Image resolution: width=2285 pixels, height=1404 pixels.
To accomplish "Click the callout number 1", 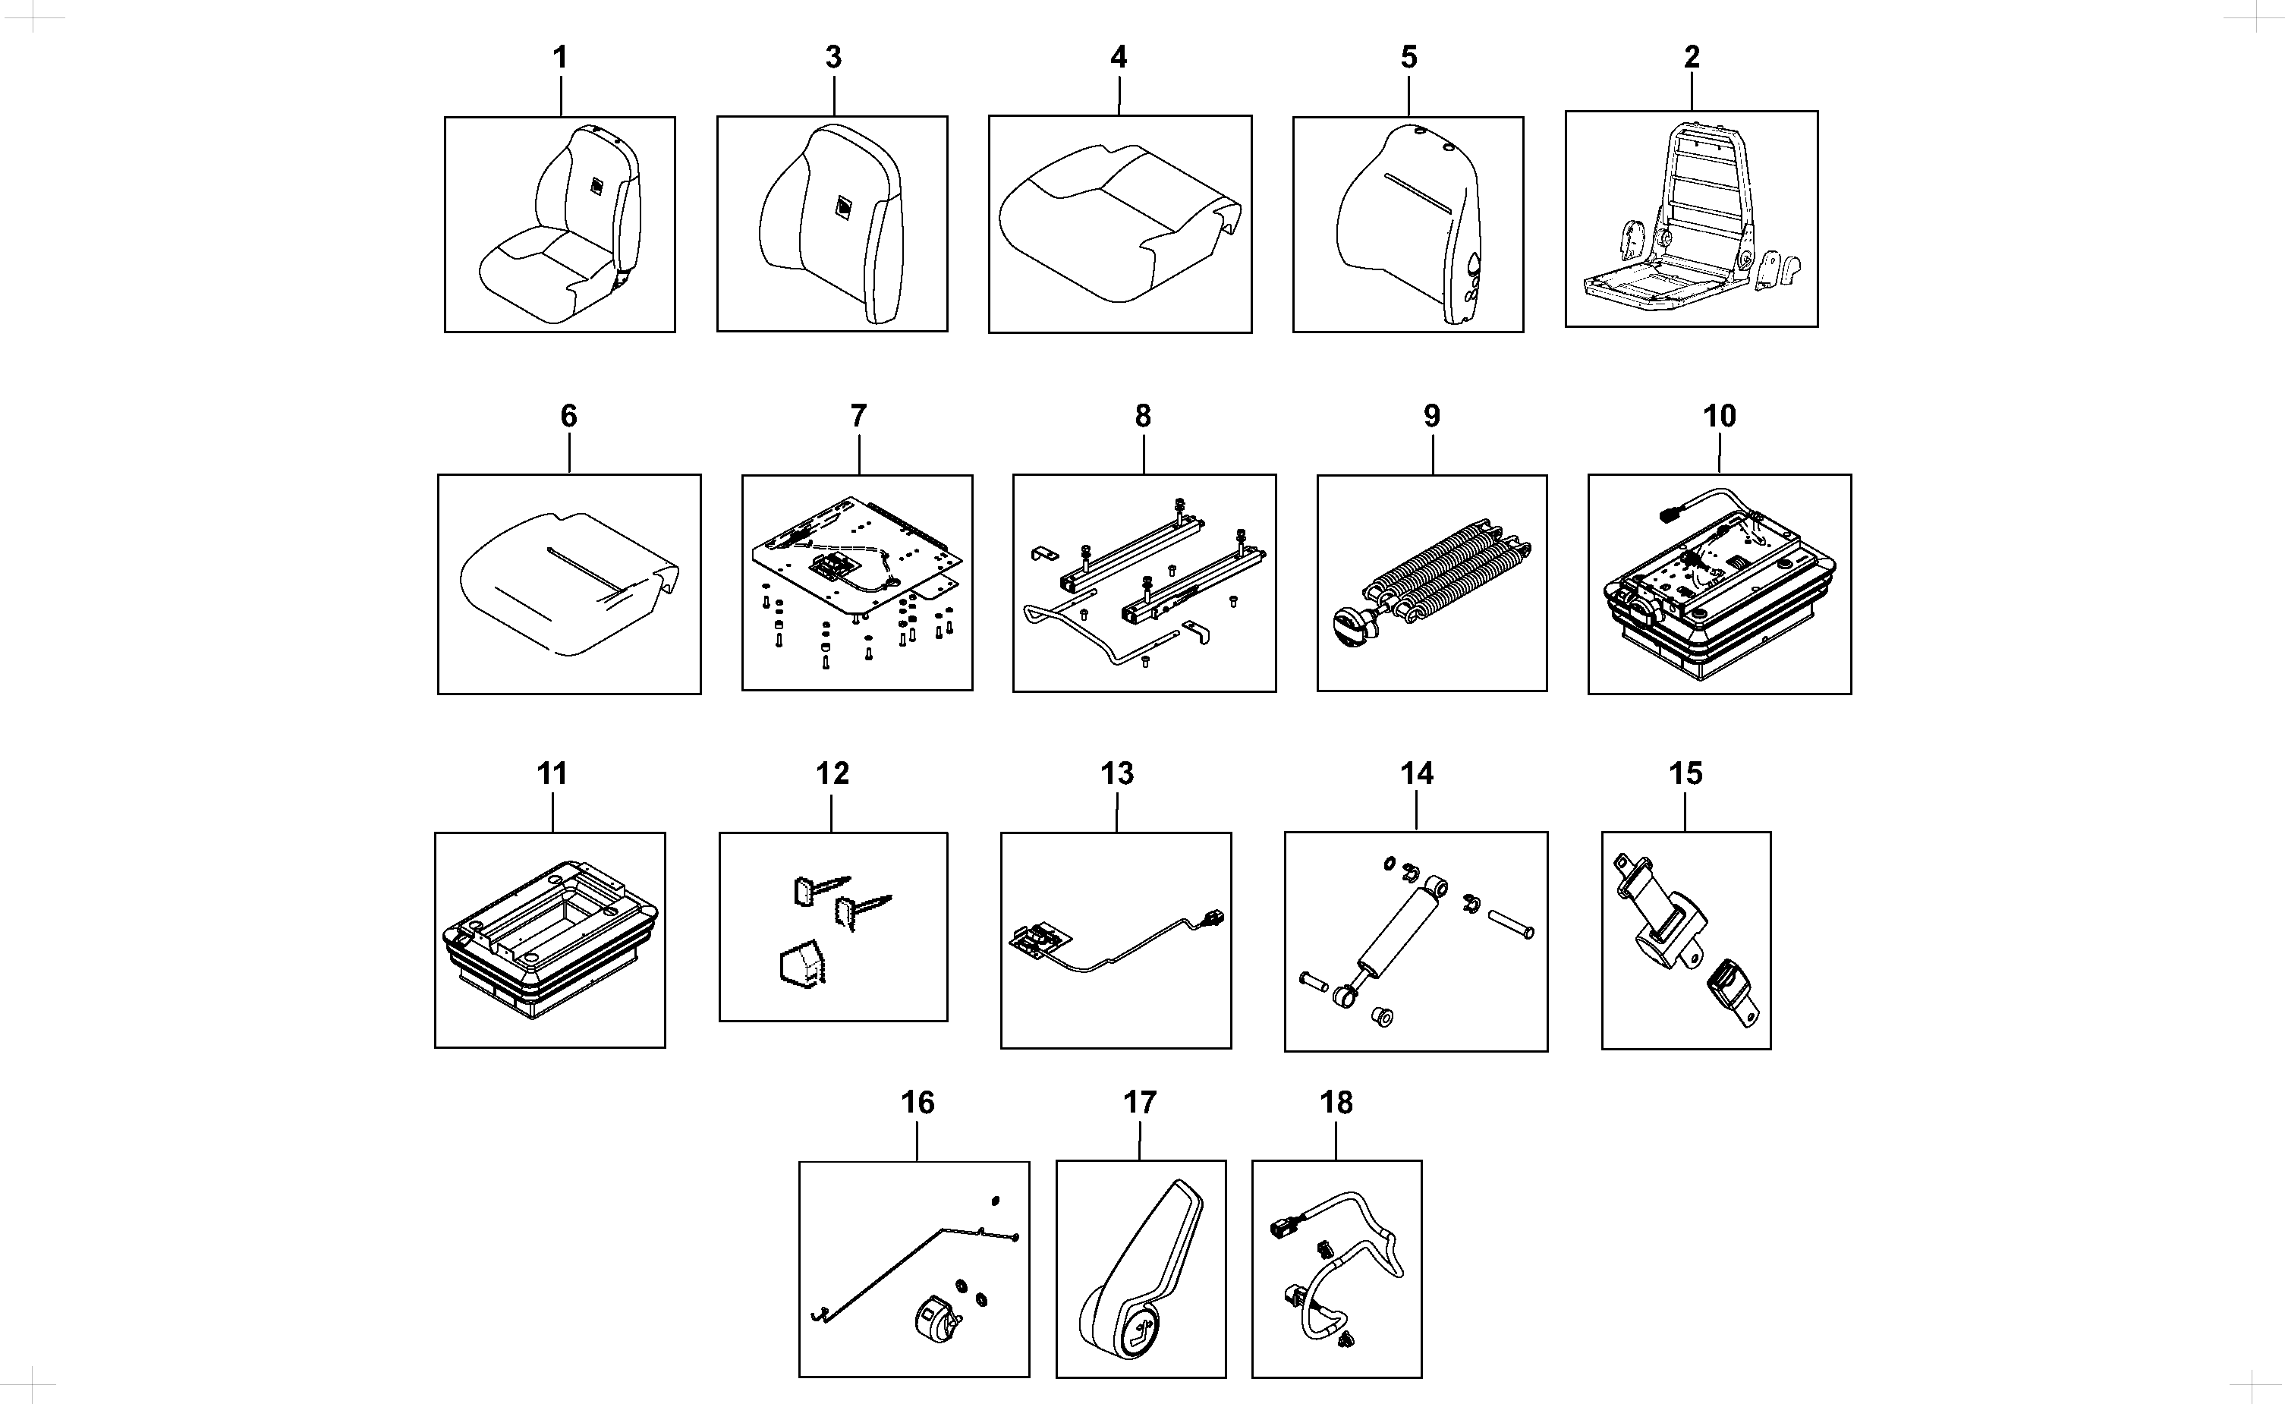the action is [560, 58].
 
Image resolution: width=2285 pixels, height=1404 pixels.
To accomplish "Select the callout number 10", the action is [1719, 416].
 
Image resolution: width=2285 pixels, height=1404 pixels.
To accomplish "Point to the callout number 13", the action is [1117, 773].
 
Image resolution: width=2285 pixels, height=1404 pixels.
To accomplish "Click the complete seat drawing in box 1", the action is [560, 225].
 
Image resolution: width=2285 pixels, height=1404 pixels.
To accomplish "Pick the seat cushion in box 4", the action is [1119, 223].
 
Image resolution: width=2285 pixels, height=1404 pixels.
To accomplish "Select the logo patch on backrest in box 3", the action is [843, 209].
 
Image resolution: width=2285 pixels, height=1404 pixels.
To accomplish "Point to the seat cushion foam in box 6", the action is [569, 582].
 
